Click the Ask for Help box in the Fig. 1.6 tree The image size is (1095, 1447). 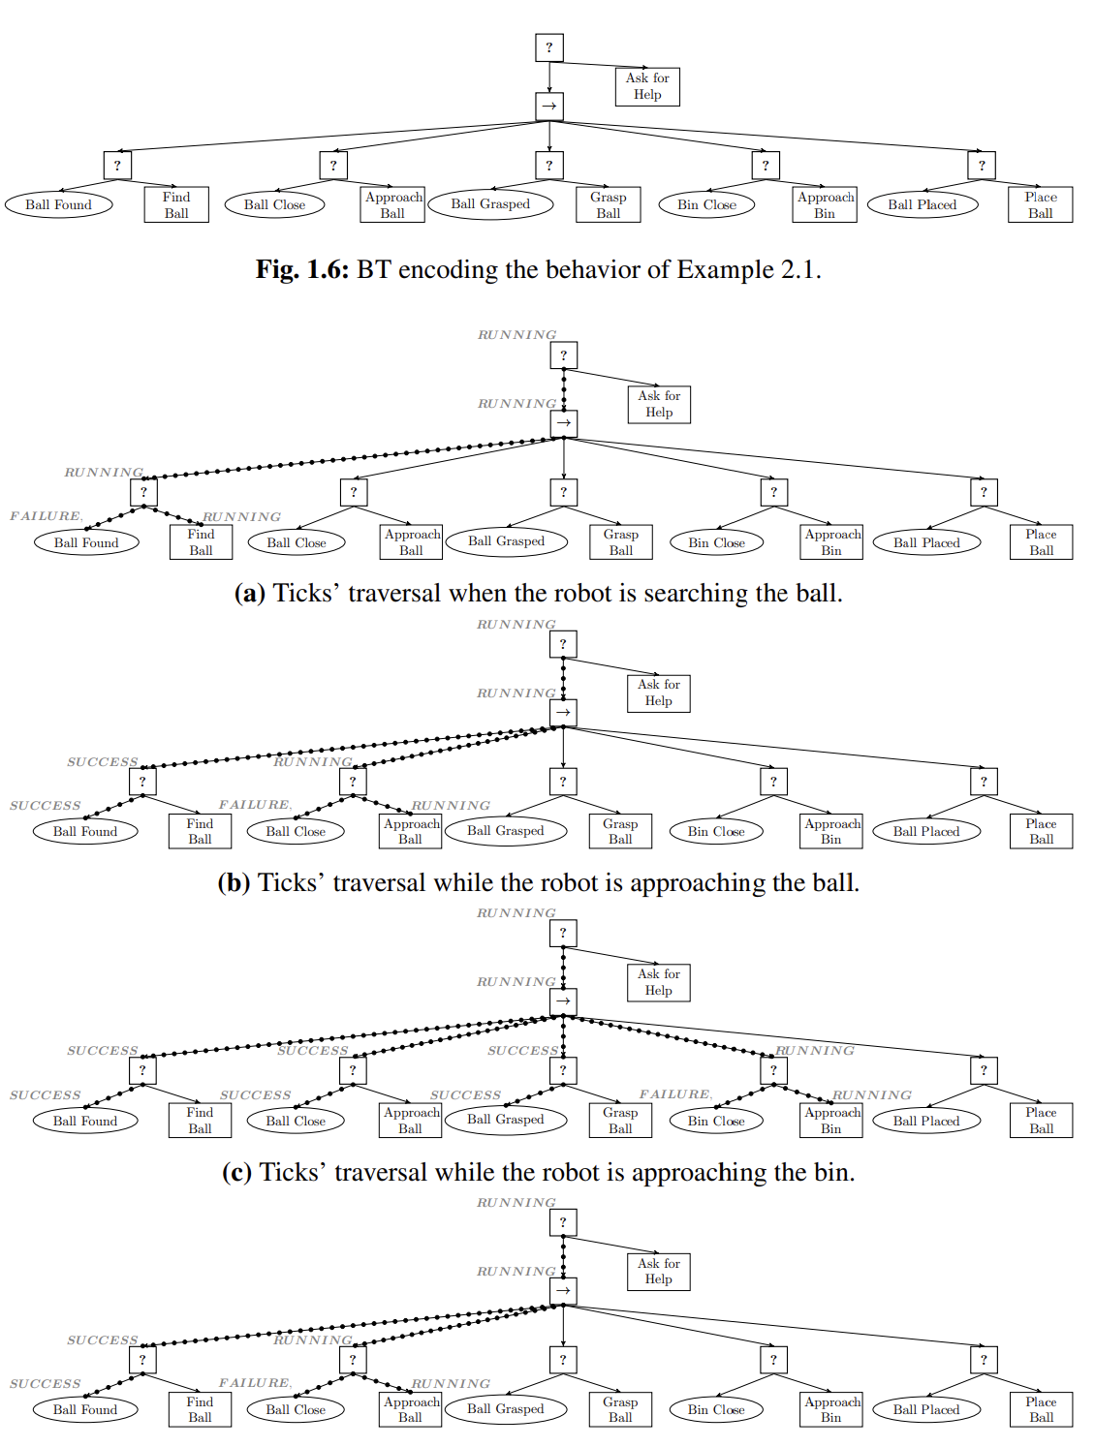coord(647,86)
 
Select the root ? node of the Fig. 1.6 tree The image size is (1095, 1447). coord(549,47)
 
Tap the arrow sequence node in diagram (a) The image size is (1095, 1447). coord(564,423)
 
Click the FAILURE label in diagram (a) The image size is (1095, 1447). coord(46,516)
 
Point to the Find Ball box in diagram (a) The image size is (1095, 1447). coord(201,542)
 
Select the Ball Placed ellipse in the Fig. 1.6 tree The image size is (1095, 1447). coord(922,204)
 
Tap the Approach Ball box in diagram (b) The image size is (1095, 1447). coord(411,831)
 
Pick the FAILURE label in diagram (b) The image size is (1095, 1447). coord(254,805)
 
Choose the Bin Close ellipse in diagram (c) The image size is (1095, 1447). coord(716,1121)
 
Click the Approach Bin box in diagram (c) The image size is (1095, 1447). coord(831,1121)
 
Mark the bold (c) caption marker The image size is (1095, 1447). coord(237,1173)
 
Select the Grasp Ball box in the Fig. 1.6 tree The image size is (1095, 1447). coord(608,204)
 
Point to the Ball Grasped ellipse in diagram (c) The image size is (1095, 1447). coord(505,1120)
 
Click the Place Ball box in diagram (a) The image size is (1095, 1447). coord(1041,542)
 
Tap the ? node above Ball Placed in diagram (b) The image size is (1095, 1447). coord(984,782)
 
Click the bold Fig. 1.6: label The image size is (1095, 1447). coord(301,270)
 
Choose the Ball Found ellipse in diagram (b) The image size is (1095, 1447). coord(85,831)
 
